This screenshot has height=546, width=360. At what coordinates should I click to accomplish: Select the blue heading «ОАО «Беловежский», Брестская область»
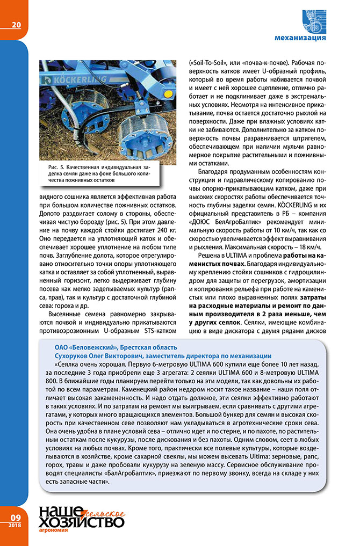click(x=116, y=347)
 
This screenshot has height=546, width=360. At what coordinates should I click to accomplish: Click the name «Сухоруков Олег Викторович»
click(x=95, y=356)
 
